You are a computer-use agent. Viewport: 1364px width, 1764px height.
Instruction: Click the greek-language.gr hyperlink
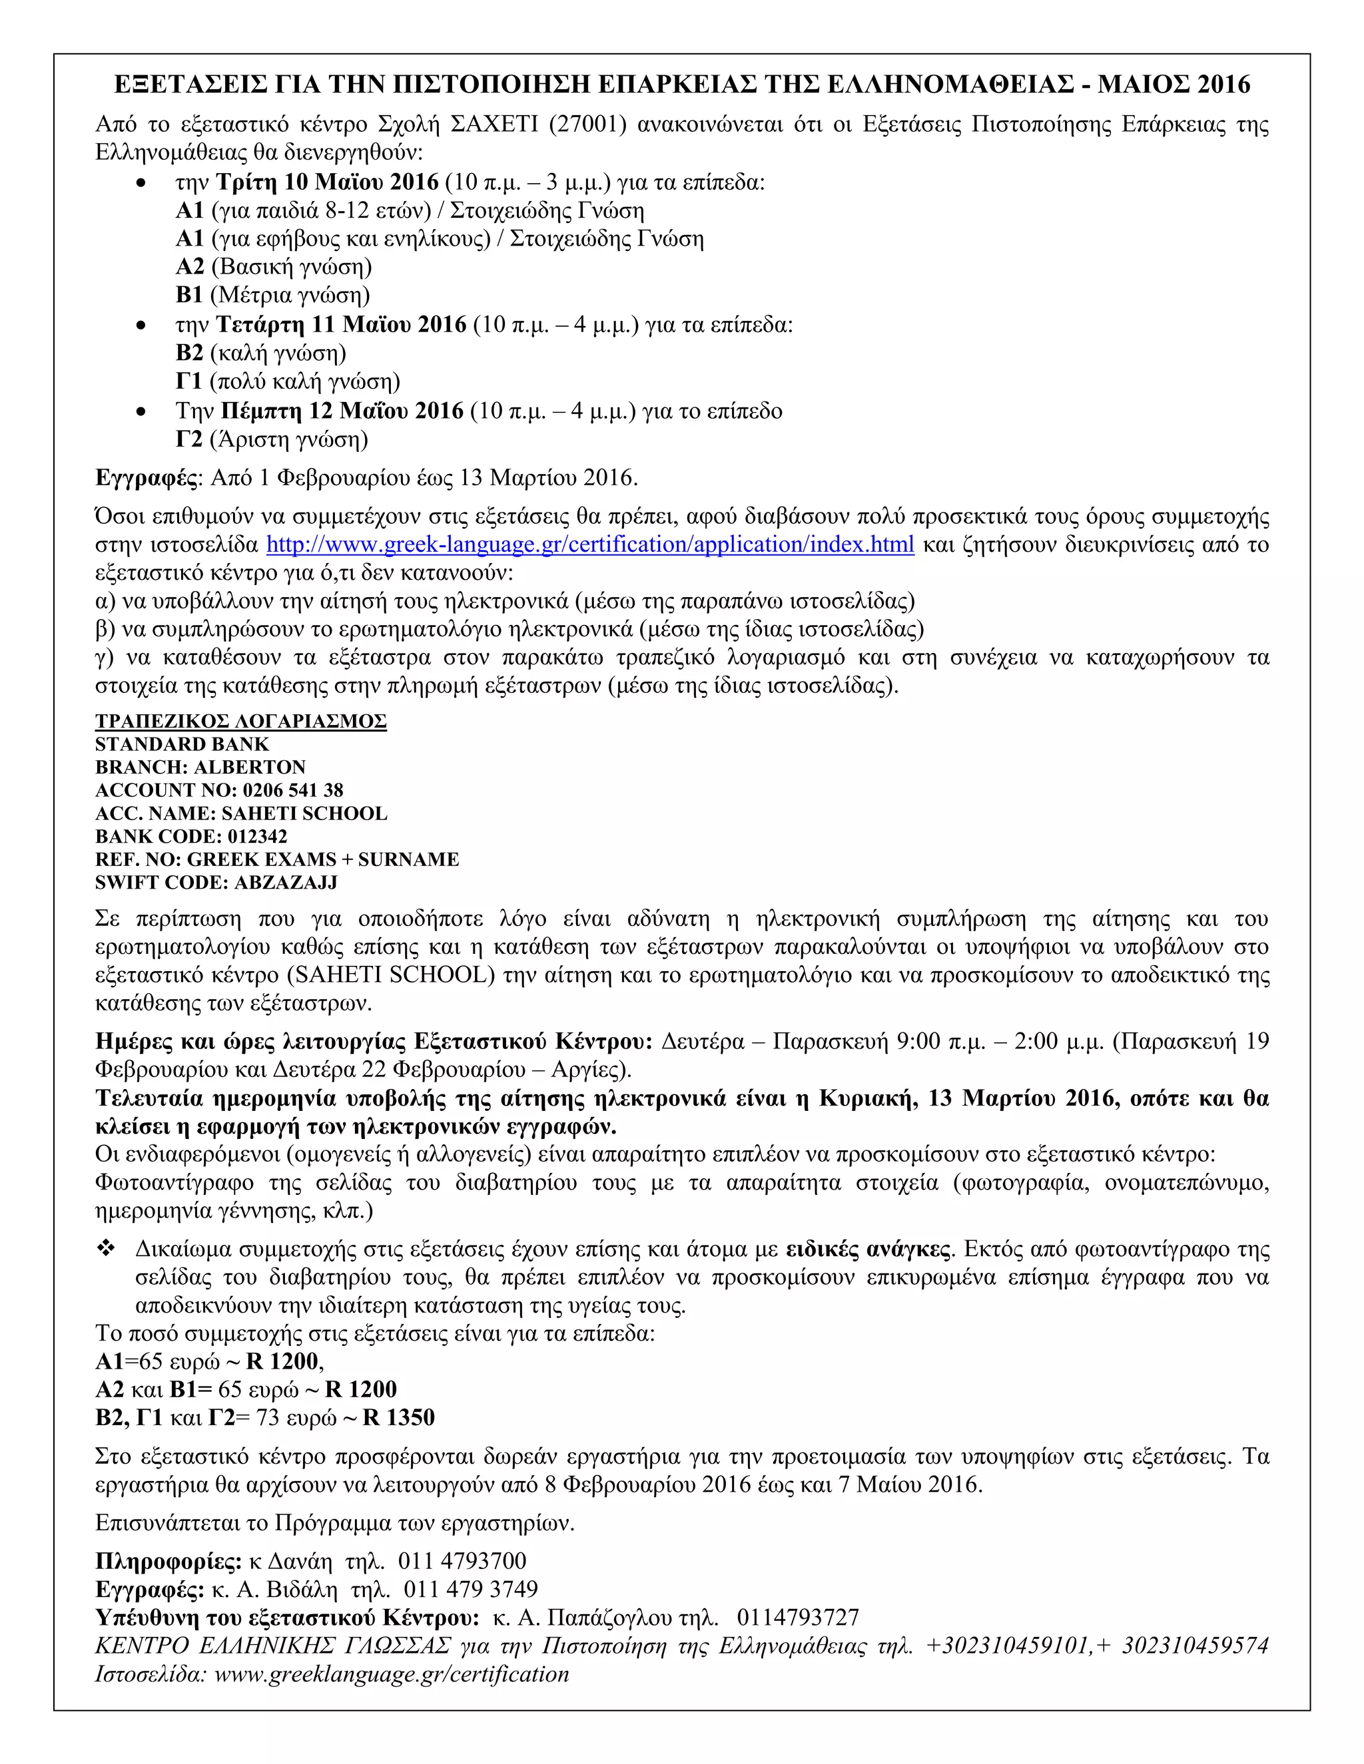(590, 545)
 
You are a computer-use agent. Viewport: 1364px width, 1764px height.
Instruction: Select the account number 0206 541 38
(292, 790)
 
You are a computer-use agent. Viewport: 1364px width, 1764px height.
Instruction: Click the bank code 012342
(257, 836)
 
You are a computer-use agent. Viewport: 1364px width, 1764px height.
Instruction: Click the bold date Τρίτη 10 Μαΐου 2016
(327, 182)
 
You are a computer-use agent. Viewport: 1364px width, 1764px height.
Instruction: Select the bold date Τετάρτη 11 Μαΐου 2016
(341, 325)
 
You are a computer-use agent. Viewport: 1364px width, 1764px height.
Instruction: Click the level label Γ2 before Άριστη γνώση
(189, 439)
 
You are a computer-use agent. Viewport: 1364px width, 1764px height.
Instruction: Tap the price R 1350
(398, 1417)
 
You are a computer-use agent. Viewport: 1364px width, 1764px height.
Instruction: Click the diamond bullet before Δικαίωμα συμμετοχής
(106, 1249)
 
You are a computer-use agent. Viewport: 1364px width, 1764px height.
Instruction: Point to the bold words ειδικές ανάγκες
(868, 1249)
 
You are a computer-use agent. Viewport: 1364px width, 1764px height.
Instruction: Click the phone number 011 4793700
(462, 1561)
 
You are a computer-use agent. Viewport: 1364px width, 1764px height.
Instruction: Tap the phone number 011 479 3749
(470, 1590)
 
